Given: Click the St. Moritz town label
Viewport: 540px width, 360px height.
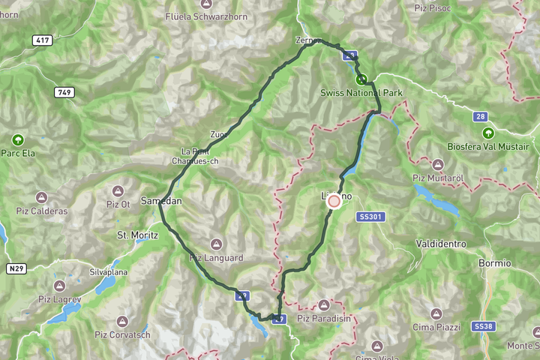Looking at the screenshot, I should pyautogui.click(x=138, y=235).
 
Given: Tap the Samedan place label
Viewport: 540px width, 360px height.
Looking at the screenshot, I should pyautogui.click(x=161, y=201).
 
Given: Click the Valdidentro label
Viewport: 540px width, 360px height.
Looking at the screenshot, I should pyautogui.click(x=440, y=244).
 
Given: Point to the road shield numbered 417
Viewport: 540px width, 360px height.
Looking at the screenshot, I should pyautogui.click(x=43, y=40).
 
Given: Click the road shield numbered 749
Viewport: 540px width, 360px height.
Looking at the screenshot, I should pyautogui.click(x=64, y=91).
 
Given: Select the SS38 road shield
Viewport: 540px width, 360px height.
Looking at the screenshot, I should pyautogui.click(x=484, y=326).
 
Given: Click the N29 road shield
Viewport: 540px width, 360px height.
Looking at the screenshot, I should pyautogui.click(x=16, y=268).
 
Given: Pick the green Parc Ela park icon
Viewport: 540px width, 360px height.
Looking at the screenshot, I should pyautogui.click(x=17, y=139).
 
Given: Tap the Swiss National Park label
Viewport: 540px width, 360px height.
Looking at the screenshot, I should pyautogui.click(x=361, y=92).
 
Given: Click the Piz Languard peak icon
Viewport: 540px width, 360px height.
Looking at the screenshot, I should pyautogui.click(x=216, y=244).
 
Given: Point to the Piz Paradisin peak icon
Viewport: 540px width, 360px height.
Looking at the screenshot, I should pyautogui.click(x=324, y=304).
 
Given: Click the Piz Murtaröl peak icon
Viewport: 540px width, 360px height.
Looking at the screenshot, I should pyautogui.click(x=437, y=163).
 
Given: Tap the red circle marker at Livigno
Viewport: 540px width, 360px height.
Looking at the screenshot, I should pyautogui.click(x=334, y=200).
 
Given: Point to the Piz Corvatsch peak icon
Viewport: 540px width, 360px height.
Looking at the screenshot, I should pyautogui.click(x=122, y=321).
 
